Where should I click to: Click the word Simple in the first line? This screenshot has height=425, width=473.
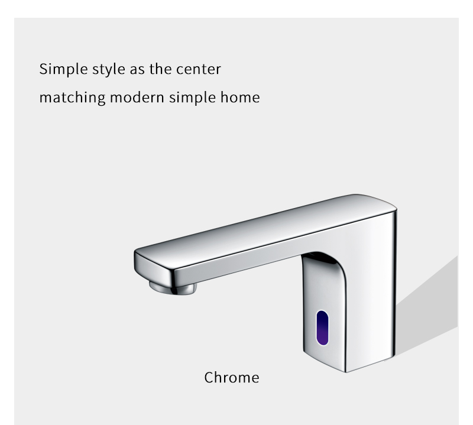click(x=63, y=70)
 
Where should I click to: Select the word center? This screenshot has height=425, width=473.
click(x=199, y=69)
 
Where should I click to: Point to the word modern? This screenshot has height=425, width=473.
click(x=137, y=98)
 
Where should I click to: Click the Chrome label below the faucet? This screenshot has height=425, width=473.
click(x=232, y=378)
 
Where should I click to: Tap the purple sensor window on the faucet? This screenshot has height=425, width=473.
click(x=322, y=327)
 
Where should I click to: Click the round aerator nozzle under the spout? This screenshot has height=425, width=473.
click(x=173, y=288)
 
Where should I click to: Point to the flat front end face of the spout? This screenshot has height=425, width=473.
click(x=154, y=265)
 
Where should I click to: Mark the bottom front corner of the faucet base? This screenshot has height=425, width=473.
click(x=346, y=372)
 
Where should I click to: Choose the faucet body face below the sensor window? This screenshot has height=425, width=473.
click(x=324, y=356)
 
